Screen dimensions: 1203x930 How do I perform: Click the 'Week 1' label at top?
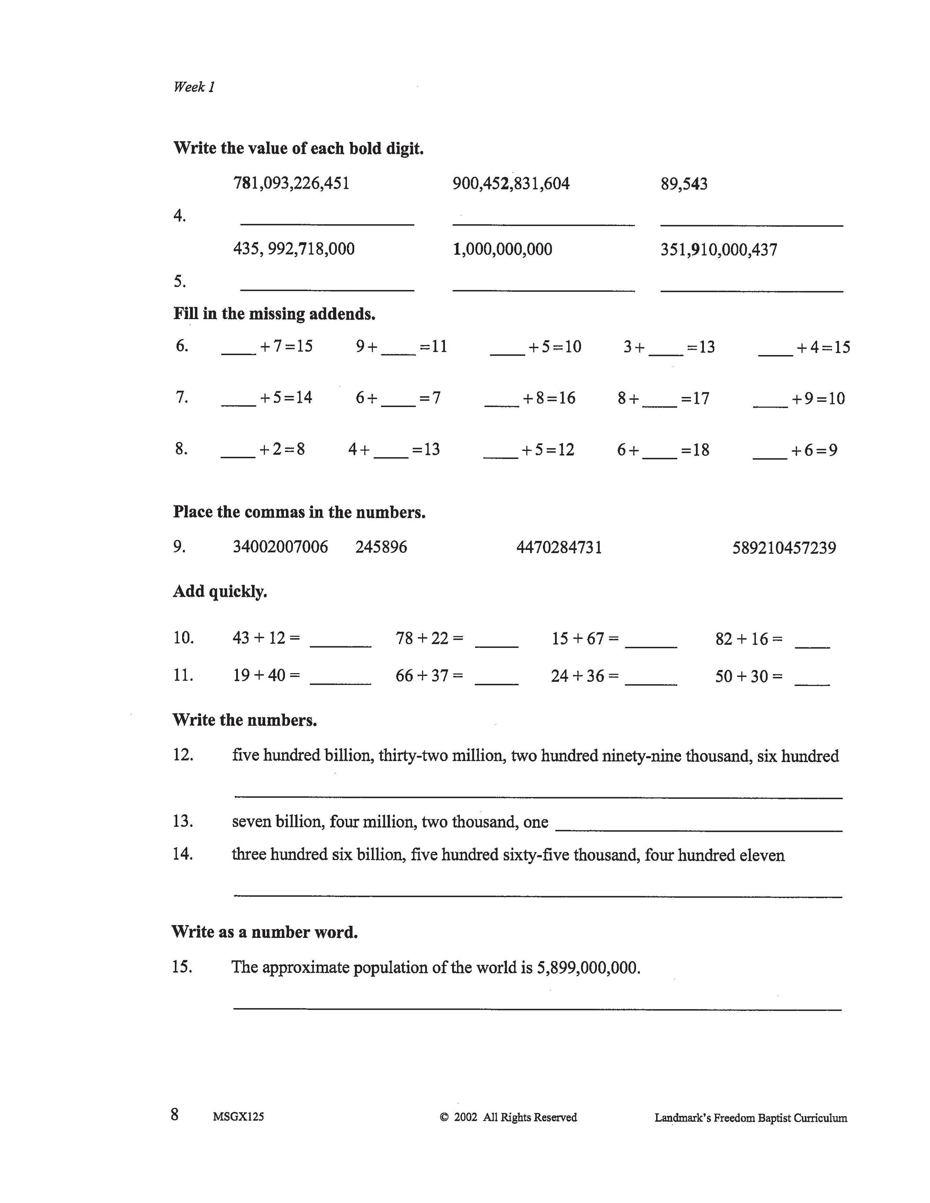194,87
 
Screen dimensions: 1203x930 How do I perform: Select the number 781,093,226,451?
292,183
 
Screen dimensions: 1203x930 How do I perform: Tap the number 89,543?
684,184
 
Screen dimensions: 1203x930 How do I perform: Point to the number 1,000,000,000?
502,249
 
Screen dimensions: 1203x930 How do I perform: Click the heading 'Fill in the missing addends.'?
274,314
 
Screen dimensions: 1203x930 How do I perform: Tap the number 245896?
381,547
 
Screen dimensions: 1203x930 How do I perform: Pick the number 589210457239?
784,548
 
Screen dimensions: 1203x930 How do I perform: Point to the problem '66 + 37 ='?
429,676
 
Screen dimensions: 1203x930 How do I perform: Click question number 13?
183,821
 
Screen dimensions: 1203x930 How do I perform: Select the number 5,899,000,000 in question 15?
588,968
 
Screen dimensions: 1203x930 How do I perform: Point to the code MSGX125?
238,1117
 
